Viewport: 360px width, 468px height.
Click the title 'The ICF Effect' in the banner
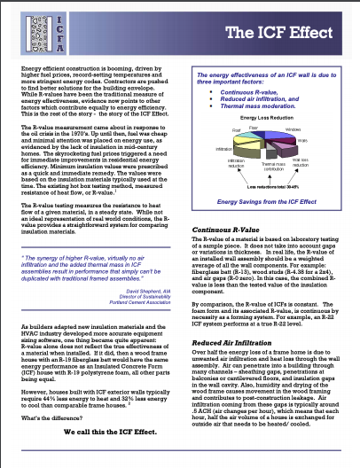coord(284,34)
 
